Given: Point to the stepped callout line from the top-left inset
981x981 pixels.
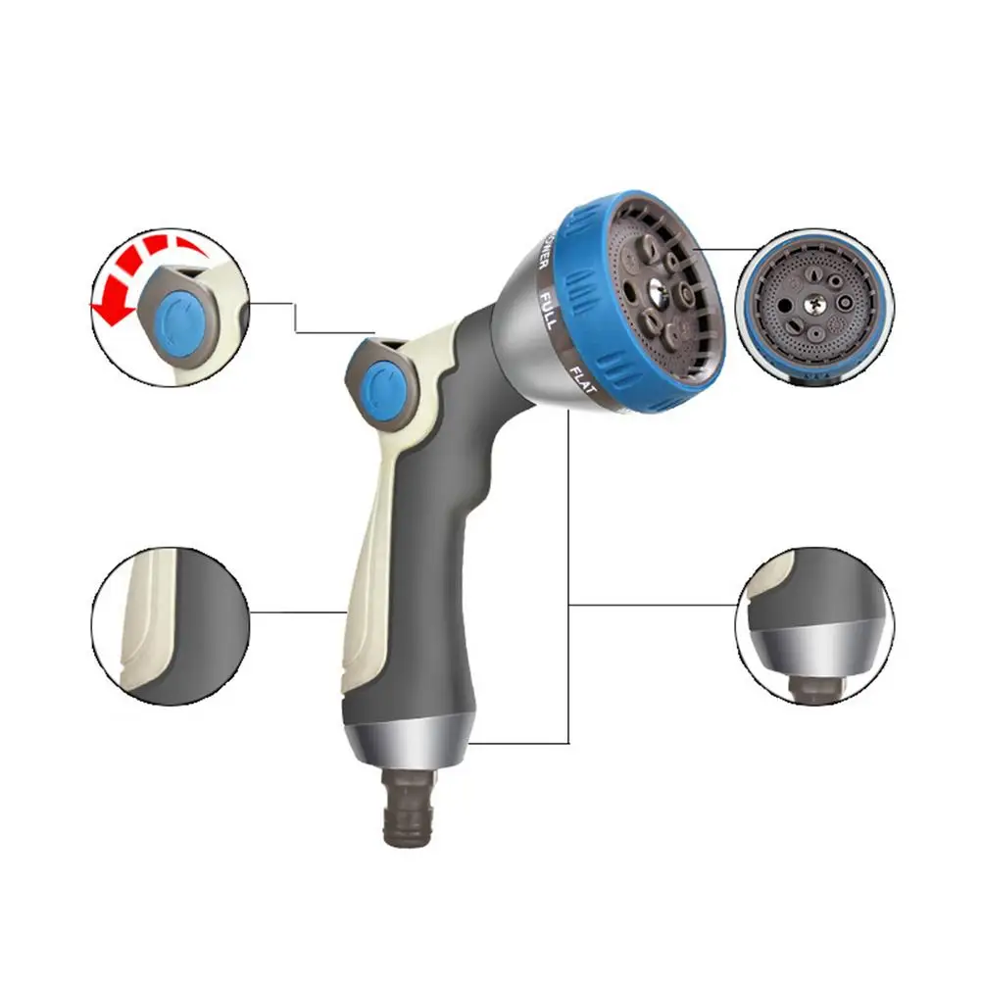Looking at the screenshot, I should pos(294,319).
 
